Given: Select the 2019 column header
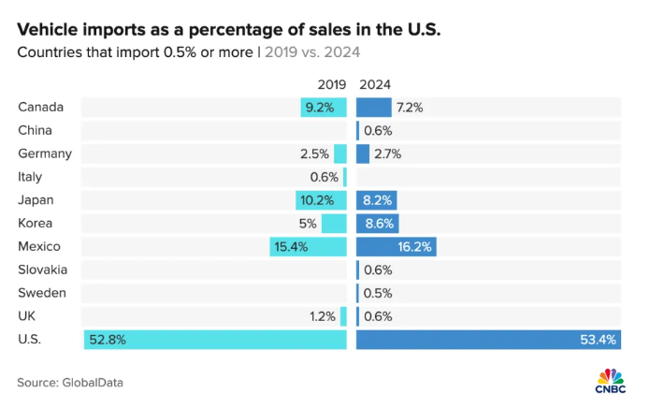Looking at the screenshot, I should click(332, 84).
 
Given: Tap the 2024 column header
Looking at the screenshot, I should click(375, 84).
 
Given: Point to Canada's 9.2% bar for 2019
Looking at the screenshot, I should click(324, 107).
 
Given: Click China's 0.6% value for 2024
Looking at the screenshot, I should click(378, 130).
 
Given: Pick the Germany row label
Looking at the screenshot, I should click(45, 153).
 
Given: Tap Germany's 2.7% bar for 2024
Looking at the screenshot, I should click(363, 153).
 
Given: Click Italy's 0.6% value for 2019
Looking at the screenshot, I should click(325, 177).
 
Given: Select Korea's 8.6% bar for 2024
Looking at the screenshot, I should click(377, 224).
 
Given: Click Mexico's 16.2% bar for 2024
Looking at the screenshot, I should click(397, 247).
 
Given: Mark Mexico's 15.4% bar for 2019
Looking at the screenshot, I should click(308, 247).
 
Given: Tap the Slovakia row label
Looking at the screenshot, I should click(43, 270).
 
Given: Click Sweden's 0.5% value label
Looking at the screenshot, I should click(378, 293).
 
